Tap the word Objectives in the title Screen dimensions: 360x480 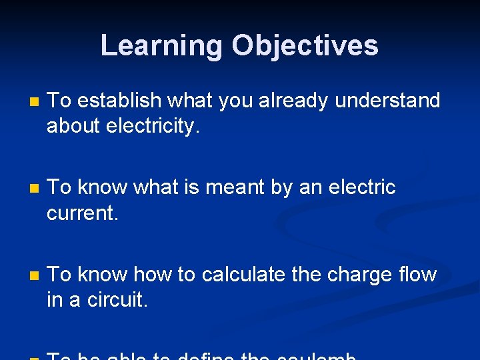point(305,46)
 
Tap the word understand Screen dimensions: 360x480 point(387,101)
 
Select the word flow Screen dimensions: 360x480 point(418,274)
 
